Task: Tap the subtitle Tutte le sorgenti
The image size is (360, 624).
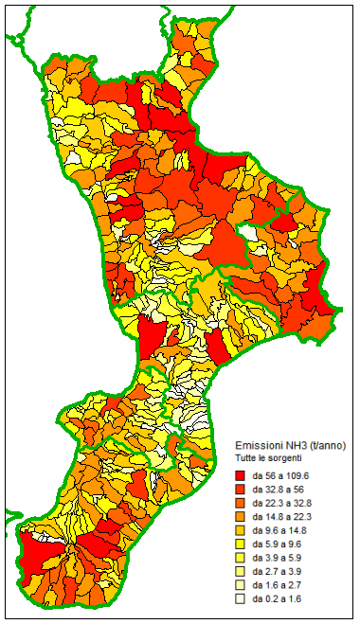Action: tap(271, 458)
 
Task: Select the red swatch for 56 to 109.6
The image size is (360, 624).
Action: tap(241, 475)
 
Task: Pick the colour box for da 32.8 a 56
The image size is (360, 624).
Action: tap(241, 490)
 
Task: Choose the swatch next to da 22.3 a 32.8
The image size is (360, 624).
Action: tap(241, 503)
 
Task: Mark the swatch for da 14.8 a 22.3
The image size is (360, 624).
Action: tap(241, 517)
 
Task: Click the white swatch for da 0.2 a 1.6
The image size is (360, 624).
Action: tap(241, 599)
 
